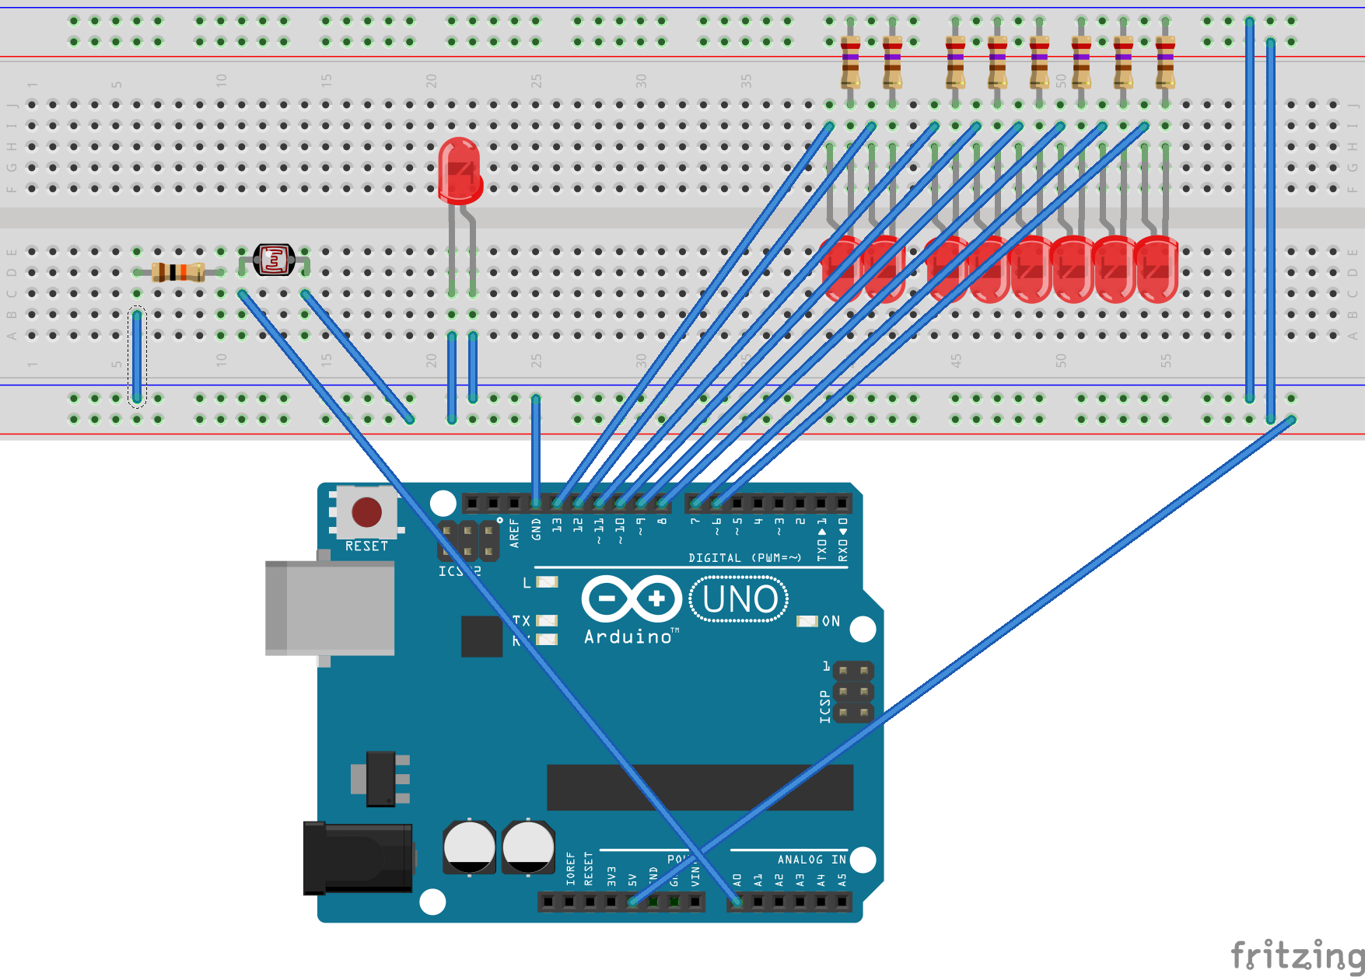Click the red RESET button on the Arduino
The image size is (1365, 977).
[x=366, y=512]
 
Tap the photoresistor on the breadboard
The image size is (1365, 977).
[x=274, y=260]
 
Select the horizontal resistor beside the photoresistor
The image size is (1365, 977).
[x=178, y=272]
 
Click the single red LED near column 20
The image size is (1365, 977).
[x=460, y=170]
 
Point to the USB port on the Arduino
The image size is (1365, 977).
[x=330, y=607]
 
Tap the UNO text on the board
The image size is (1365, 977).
[x=739, y=599]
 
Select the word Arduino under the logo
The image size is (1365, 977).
[x=628, y=637]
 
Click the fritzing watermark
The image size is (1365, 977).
[x=1297, y=954]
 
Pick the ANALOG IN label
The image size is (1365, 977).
[x=811, y=860]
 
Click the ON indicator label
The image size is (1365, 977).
[x=831, y=621]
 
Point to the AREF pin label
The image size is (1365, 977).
[x=514, y=535]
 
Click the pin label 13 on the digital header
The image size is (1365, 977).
[x=557, y=525]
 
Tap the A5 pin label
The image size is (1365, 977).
[x=842, y=880]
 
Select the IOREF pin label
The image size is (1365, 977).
[x=571, y=869]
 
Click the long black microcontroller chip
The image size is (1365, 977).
[x=700, y=787]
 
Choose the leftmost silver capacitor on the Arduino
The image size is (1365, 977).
[x=469, y=846]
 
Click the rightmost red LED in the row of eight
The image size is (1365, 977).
[x=1157, y=268]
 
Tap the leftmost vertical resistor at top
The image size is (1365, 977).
[x=850, y=61]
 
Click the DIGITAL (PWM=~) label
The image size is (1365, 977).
[x=744, y=558]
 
